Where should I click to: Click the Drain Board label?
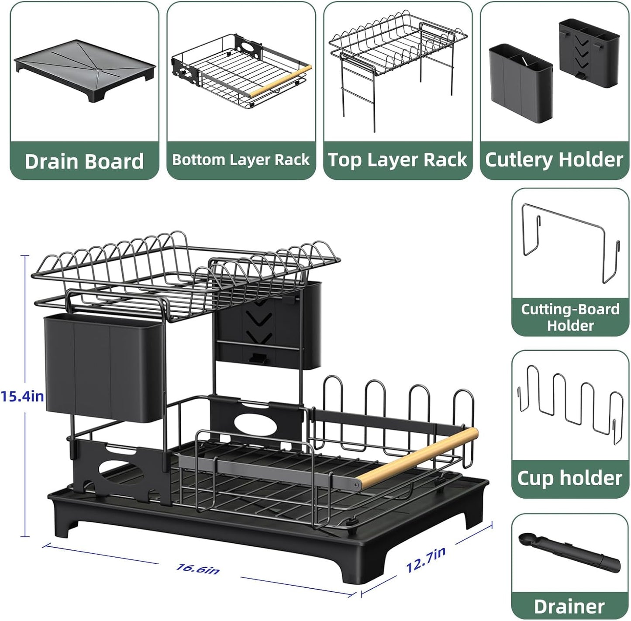pyautogui.click(x=84, y=161)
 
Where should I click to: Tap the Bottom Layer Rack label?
pyautogui.click(x=241, y=160)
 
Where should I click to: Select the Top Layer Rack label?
pyautogui.click(x=397, y=160)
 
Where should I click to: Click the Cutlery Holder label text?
pyautogui.click(x=554, y=160)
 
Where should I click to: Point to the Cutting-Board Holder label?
pyautogui.click(x=570, y=317)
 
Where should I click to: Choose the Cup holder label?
pyautogui.click(x=570, y=478)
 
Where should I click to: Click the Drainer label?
pyautogui.click(x=569, y=606)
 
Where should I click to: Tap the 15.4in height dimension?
pyautogui.click(x=22, y=397)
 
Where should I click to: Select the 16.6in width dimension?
pyautogui.click(x=198, y=569)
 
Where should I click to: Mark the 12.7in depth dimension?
pyautogui.click(x=426, y=560)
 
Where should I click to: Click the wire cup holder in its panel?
pyautogui.click(x=570, y=404)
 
